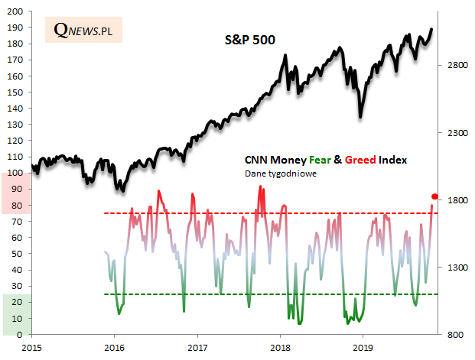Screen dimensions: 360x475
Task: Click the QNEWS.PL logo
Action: [83, 30]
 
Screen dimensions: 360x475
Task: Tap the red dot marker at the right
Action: [435, 197]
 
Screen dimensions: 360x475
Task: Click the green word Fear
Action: [319, 161]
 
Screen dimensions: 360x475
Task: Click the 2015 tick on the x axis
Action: [31, 348]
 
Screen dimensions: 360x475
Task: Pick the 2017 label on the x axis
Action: [197, 348]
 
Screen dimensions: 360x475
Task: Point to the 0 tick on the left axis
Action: [23, 334]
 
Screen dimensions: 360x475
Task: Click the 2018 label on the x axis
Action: [280, 348]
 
